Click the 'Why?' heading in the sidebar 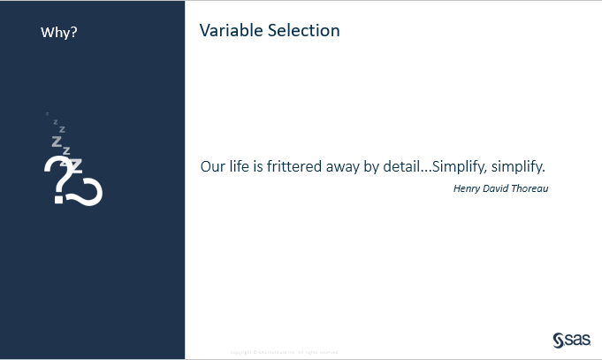pos(59,33)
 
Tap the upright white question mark pos(57,177)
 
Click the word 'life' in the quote pos(242,166)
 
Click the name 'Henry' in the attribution pos(468,188)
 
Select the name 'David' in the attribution pos(499,188)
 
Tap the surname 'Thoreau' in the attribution pos(532,188)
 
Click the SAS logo pos(570,340)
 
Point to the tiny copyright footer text pos(285,351)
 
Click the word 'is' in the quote pos(261,166)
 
